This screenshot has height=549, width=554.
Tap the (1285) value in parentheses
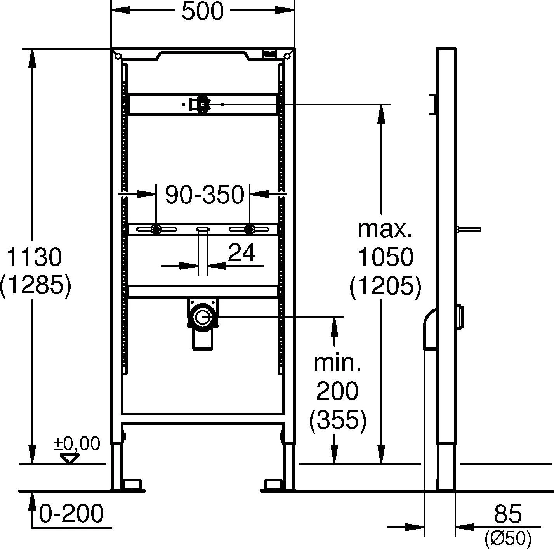click(x=35, y=286)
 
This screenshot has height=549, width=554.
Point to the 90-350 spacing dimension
click(x=205, y=195)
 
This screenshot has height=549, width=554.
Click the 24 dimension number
click(x=241, y=252)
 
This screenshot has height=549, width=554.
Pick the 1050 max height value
click(x=386, y=257)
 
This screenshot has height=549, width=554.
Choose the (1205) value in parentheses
click(x=385, y=286)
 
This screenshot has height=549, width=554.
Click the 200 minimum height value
click(x=337, y=391)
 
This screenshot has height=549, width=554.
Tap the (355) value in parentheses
click(x=338, y=420)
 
